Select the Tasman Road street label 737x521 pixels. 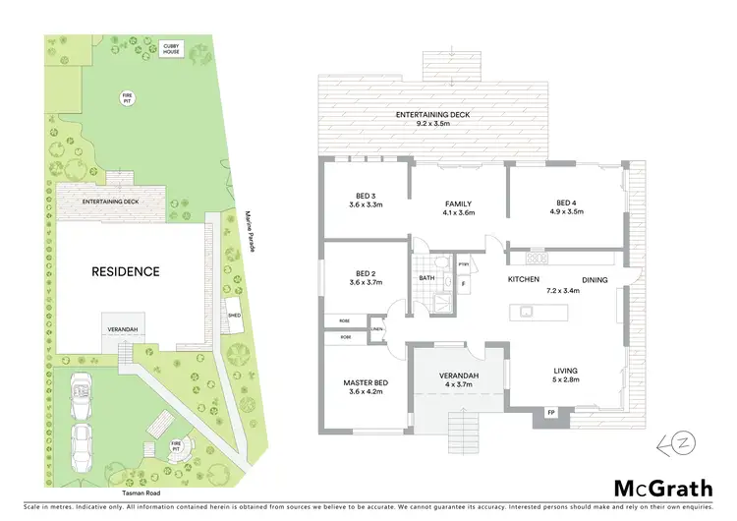pyautogui.click(x=142, y=492)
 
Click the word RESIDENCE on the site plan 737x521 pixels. pyautogui.click(x=126, y=271)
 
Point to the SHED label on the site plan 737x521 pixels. pyautogui.click(x=234, y=317)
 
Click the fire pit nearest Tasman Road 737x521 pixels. pyautogui.click(x=177, y=444)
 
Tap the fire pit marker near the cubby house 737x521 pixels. pyautogui.click(x=127, y=97)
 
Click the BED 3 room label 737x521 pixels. pyautogui.click(x=365, y=200)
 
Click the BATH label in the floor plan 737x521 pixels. pyautogui.click(x=425, y=278)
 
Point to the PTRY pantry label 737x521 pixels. pyautogui.click(x=464, y=262)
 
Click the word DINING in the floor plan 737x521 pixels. pyautogui.click(x=595, y=280)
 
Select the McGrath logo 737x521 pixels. pyautogui.click(x=663, y=488)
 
